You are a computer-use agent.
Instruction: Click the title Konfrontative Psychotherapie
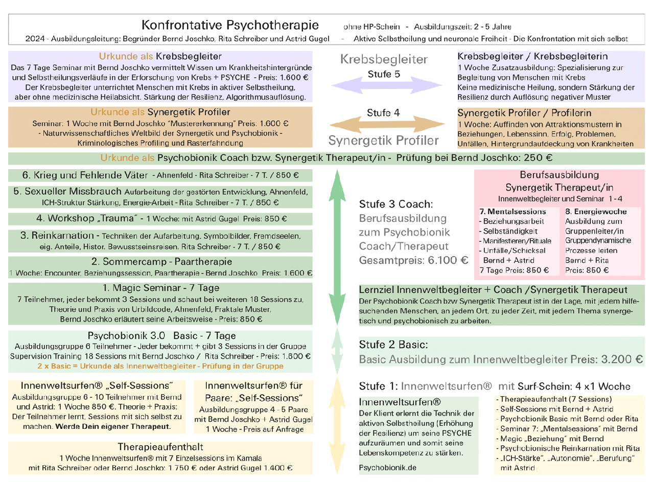230,25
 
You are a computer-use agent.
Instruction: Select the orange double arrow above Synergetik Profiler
384,125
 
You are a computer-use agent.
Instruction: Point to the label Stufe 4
383,112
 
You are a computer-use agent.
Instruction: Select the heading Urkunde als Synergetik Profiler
160,112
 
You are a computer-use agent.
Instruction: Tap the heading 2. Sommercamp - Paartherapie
160,262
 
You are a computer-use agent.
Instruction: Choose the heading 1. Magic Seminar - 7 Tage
160,287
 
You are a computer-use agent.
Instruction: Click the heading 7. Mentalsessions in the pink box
512,212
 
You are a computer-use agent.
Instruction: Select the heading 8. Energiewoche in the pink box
596,212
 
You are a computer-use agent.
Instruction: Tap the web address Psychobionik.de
388,468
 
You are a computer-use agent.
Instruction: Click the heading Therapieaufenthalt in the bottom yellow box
160,446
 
